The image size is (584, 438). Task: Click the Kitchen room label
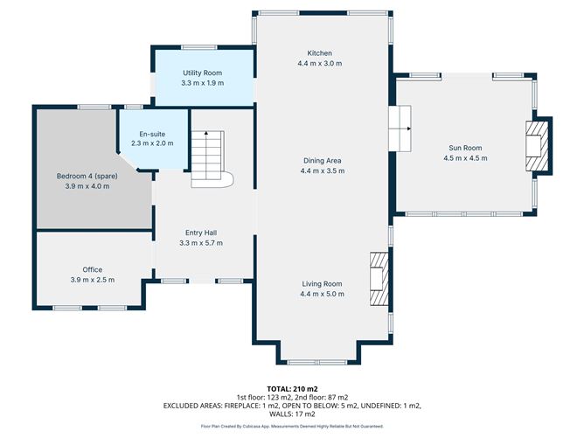coord(320,53)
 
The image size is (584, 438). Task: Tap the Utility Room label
coord(202,73)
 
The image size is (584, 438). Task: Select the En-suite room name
coord(148,133)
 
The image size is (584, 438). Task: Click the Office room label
coord(93,269)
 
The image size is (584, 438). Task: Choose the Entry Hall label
coord(202,233)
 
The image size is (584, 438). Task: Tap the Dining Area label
coord(321,160)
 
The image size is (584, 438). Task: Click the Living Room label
coord(321,284)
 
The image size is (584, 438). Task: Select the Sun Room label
coord(465,148)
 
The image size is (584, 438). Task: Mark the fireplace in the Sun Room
coord(536,146)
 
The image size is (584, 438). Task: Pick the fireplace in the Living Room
coord(379,278)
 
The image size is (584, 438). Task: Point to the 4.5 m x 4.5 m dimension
coord(465,158)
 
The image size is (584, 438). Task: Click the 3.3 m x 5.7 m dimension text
coord(202,243)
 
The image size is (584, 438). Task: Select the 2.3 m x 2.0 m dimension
coord(148,143)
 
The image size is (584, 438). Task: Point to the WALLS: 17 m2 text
coord(291,414)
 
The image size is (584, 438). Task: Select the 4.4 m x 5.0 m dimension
coord(321,295)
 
